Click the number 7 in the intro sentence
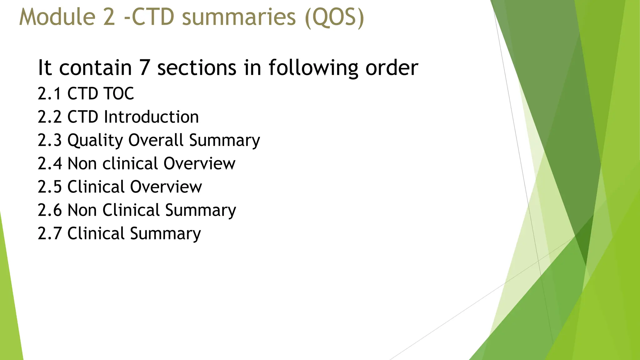click(144, 67)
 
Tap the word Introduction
click(151, 117)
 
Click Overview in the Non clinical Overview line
click(199, 163)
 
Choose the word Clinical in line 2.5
click(96, 187)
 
